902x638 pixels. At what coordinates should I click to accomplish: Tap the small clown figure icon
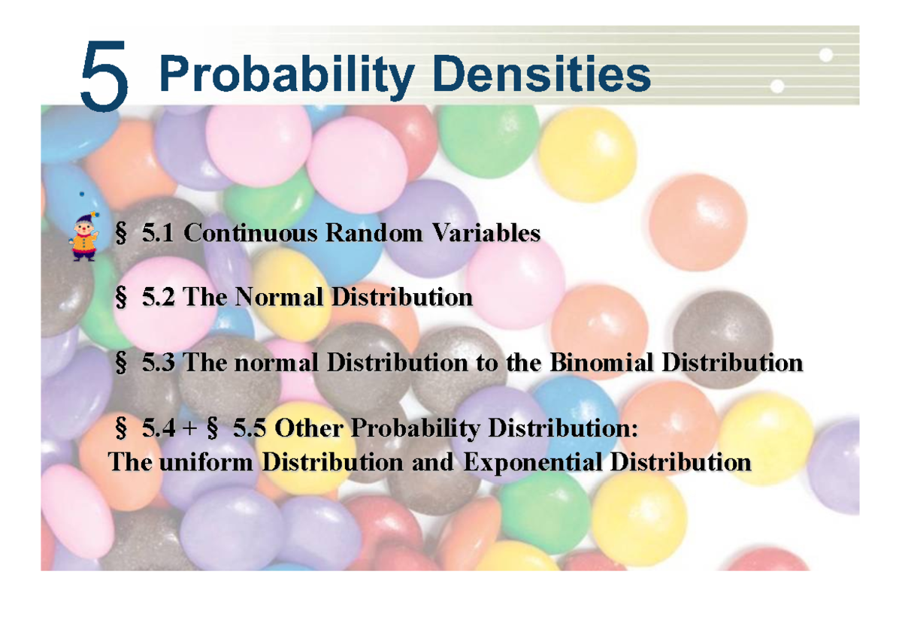click(83, 236)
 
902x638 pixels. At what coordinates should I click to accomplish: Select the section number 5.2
click(159, 298)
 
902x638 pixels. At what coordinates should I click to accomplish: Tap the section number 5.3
click(159, 364)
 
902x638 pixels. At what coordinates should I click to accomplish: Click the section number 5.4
click(159, 429)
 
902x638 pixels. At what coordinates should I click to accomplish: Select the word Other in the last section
click(309, 429)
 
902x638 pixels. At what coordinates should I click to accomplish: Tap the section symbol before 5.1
click(120, 234)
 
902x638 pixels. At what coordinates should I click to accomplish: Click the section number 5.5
click(250, 429)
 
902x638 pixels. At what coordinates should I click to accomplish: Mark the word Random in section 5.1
click(374, 234)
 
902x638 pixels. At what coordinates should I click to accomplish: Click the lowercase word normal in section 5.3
click(280, 364)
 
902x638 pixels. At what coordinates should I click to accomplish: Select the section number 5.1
click(159, 234)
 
